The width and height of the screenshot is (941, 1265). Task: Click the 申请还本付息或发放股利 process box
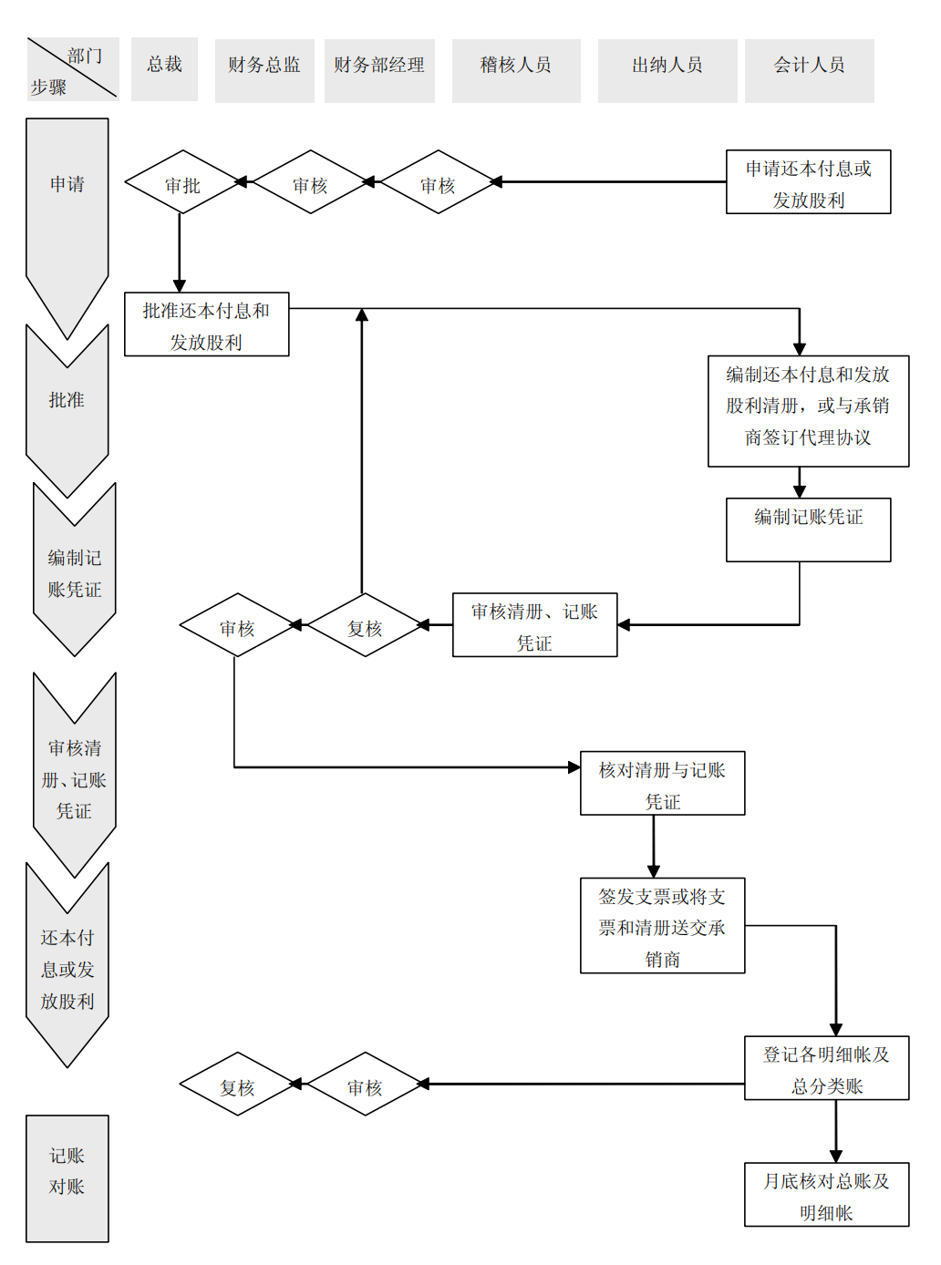point(808,182)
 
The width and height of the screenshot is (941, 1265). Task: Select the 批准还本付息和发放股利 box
point(206,324)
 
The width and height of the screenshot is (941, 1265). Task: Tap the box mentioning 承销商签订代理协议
point(808,411)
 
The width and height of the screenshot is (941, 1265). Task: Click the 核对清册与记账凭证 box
point(662,783)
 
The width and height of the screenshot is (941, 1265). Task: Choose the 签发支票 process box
point(662,926)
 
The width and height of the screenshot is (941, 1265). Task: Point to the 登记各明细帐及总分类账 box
point(826,1068)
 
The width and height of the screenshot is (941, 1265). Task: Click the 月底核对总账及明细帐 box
point(826,1195)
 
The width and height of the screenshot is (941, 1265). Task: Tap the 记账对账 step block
point(67,1178)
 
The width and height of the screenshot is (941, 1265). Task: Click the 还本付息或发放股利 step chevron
point(67,969)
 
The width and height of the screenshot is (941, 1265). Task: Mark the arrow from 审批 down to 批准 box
point(180,253)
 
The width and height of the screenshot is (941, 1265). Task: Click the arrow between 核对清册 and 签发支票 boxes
point(654,847)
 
